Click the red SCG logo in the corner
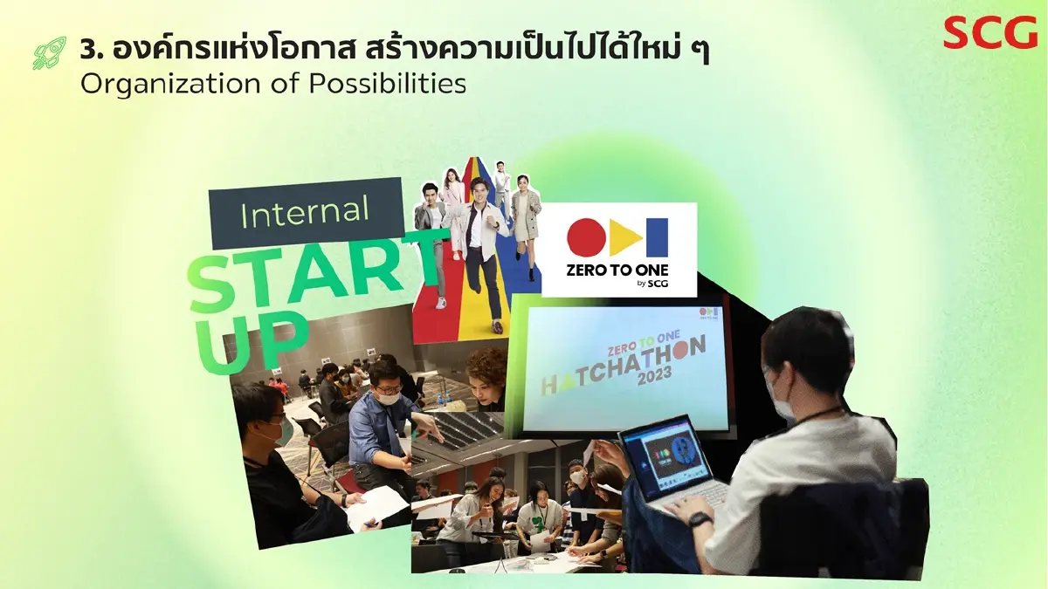[x=989, y=32]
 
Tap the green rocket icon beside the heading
[x=50, y=53]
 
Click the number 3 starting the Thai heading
[x=86, y=50]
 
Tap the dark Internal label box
[x=306, y=212]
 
